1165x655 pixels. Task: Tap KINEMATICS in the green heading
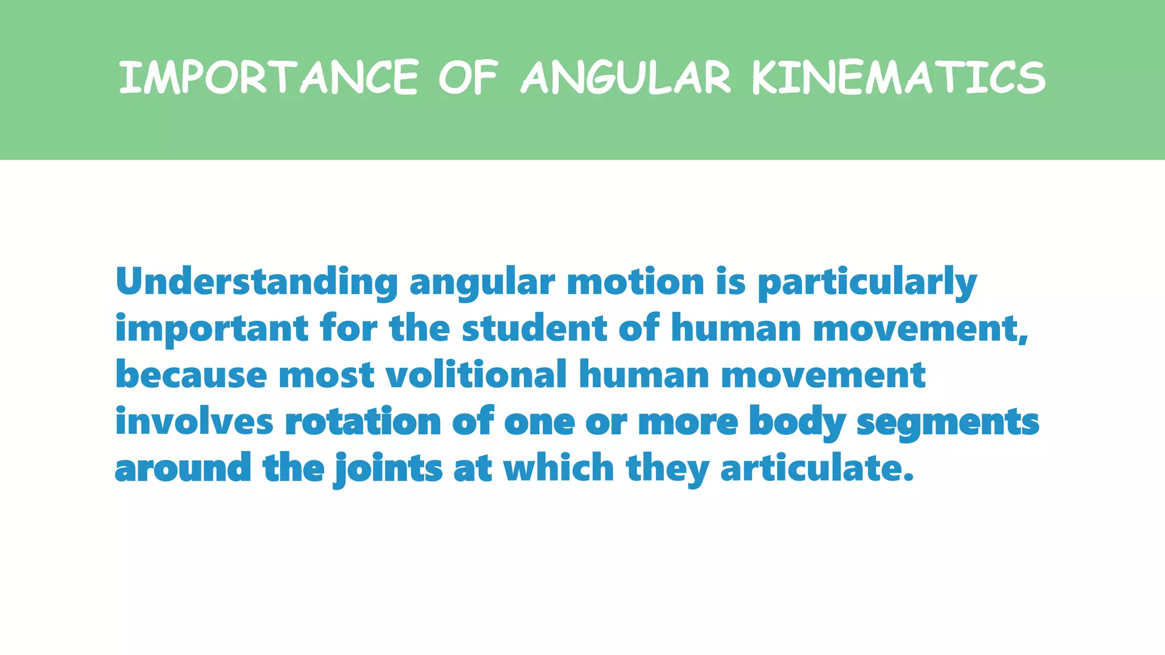pyautogui.click(x=898, y=77)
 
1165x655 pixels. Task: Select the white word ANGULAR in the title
pyautogui.click(x=626, y=77)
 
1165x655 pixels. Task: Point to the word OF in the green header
pyautogui.click(x=468, y=77)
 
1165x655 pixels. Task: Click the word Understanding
pyautogui.click(x=257, y=282)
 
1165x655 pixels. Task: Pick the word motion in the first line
pyautogui.click(x=635, y=282)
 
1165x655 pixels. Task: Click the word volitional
pyautogui.click(x=476, y=375)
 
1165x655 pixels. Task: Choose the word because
pyautogui.click(x=191, y=375)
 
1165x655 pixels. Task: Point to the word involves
pyautogui.click(x=195, y=422)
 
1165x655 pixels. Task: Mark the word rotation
pyautogui.click(x=363, y=422)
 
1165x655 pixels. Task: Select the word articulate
pyautogui.click(x=816, y=469)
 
